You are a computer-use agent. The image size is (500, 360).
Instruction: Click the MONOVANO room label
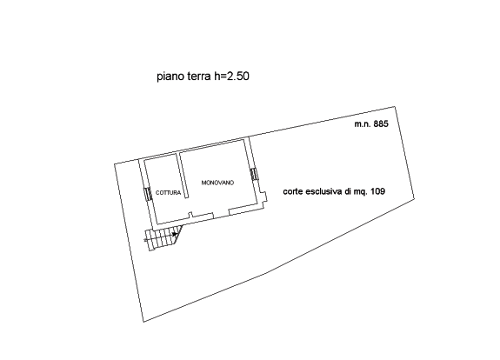pyautogui.click(x=217, y=183)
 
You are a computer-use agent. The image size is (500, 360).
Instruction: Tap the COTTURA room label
pyautogui.click(x=168, y=192)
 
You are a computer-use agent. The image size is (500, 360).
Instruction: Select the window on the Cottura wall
pyautogui.click(x=148, y=194)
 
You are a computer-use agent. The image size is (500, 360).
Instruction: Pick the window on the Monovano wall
pyautogui.click(x=254, y=174)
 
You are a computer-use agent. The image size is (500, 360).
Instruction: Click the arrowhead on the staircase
pyautogui.click(x=175, y=235)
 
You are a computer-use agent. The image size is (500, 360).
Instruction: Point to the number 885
pyautogui.click(x=381, y=123)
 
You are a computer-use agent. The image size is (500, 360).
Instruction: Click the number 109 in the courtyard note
pyautogui.click(x=377, y=191)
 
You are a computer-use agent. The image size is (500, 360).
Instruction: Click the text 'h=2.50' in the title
pyautogui.click(x=231, y=77)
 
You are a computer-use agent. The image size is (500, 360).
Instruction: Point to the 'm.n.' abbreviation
pyautogui.click(x=363, y=124)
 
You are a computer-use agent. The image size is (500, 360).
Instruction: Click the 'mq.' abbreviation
pyautogui.click(x=360, y=192)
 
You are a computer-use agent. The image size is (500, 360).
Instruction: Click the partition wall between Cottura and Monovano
pyautogui.click(x=182, y=176)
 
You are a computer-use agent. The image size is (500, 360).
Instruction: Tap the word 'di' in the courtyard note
pyautogui.click(x=347, y=191)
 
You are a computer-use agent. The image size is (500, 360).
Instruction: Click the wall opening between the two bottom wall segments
pyautogui.click(x=221, y=213)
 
